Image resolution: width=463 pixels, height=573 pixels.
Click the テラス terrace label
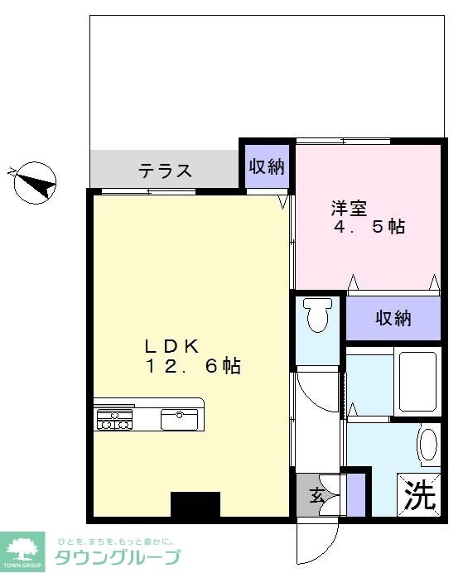[x=166, y=171]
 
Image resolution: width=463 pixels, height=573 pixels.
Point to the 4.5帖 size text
[x=369, y=226]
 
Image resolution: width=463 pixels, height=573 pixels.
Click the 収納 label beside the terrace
[x=267, y=166]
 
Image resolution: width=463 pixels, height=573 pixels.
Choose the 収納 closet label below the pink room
[x=393, y=318]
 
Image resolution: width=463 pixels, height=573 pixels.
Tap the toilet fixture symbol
[x=317, y=315]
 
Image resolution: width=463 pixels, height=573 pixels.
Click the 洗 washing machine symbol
[x=419, y=495]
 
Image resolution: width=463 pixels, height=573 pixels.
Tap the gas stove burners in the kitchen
[x=114, y=420]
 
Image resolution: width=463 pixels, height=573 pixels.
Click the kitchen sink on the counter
[x=179, y=420]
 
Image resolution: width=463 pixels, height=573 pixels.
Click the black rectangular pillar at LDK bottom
[x=195, y=504]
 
